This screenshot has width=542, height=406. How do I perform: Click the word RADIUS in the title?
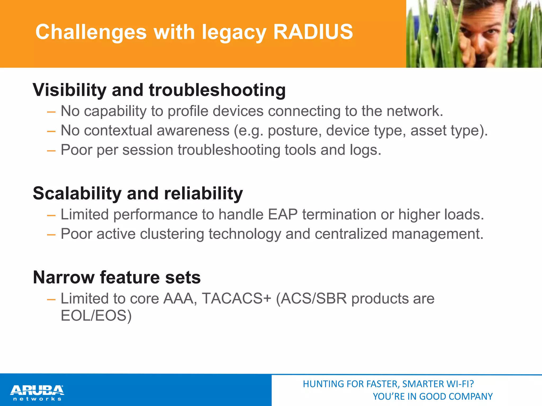pyautogui.click(x=313, y=32)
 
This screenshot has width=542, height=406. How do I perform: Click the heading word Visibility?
pyautogui.click(x=69, y=90)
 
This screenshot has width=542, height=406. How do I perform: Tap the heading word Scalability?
pyautogui.click(x=77, y=193)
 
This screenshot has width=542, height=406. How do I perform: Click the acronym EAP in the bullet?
pyautogui.click(x=283, y=214)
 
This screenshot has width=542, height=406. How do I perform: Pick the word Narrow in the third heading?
pyautogui.click(x=64, y=278)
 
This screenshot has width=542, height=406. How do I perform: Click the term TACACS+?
pyautogui.click(x=237, y=299)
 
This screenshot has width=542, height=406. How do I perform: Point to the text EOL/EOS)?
pyautogui.click(x=96, y=316)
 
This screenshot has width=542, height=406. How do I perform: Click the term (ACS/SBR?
pyautogui.click(x=311, y=299)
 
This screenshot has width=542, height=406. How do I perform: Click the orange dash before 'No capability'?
pyautogui.click(x=51, y=112)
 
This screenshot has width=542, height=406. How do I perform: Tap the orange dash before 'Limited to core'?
pyautogui.click(x=51, y=299)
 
